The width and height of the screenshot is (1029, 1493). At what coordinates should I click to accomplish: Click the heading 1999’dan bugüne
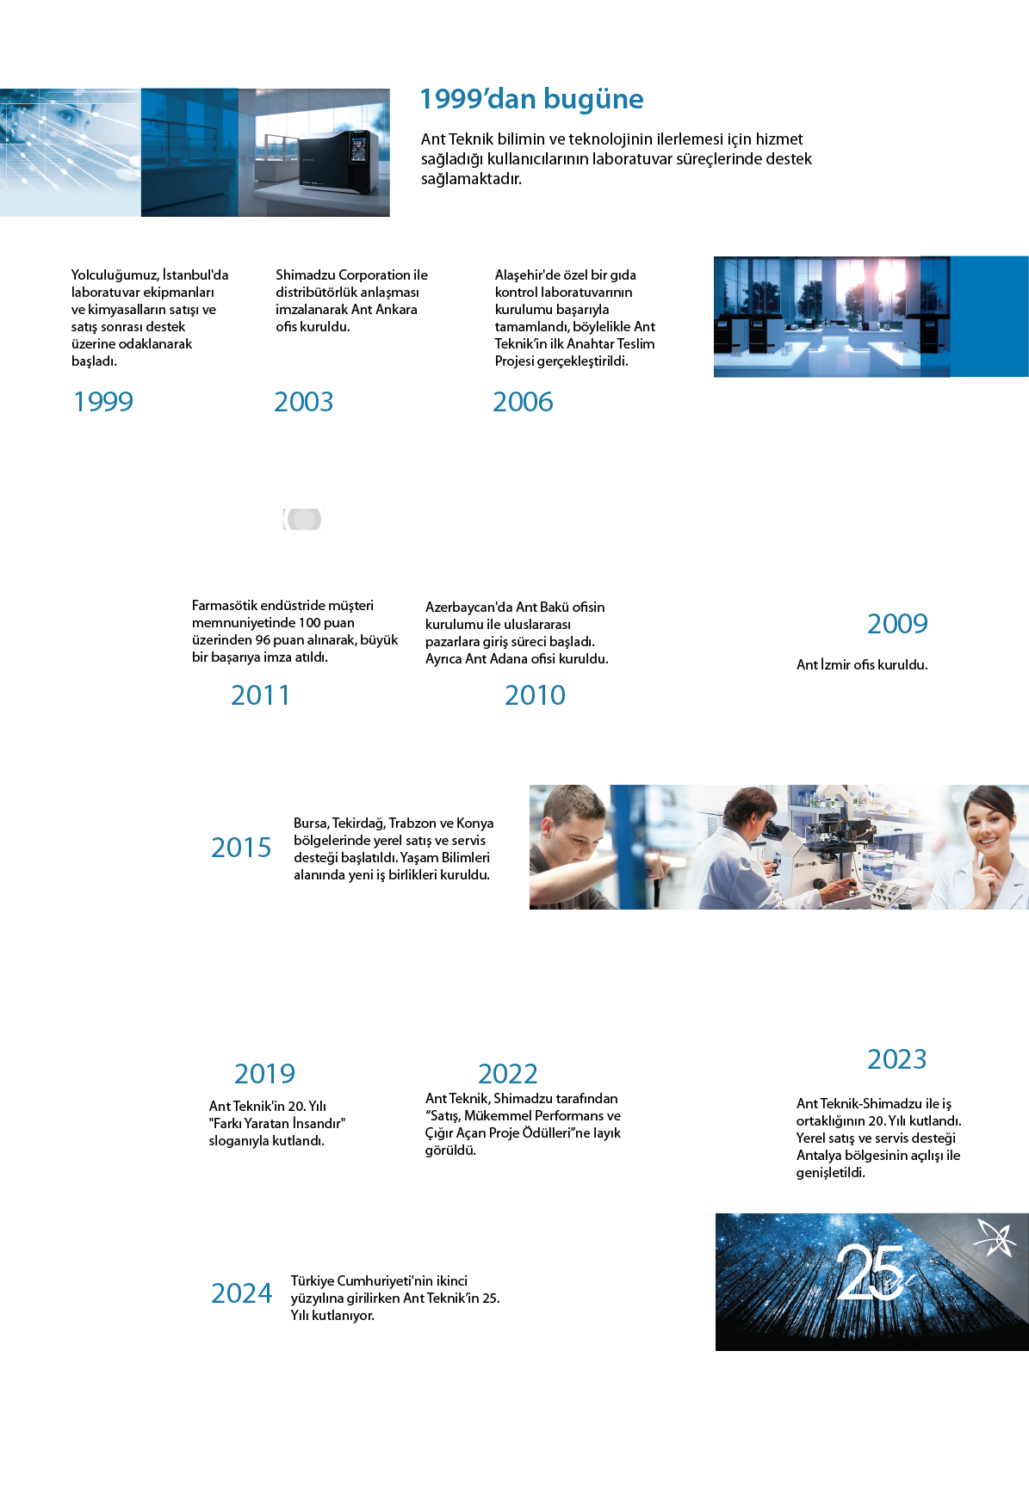(531, 100)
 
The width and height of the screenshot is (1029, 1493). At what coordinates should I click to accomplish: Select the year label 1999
(103, 402)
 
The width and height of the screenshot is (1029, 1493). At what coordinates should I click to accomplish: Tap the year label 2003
(303, 402)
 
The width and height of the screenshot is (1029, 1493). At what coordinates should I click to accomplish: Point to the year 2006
(523, 402)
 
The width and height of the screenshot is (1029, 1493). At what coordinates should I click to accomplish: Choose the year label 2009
(897, 624)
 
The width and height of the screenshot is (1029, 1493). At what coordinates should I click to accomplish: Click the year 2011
(260, 695)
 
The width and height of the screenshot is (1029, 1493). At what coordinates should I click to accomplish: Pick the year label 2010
(535, 695)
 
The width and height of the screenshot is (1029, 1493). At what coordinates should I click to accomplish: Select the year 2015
(241, 848)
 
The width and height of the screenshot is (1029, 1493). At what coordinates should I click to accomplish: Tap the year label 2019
(264, 1074)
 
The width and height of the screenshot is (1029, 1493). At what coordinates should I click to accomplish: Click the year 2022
(508, 1074)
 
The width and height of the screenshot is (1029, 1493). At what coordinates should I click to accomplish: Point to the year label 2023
(897, 1059)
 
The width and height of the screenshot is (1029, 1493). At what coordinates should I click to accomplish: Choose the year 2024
(242, 1293)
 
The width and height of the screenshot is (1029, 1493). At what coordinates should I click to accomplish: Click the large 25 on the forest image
(870, 1272)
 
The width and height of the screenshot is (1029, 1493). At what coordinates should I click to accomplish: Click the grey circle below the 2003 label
(303, 519)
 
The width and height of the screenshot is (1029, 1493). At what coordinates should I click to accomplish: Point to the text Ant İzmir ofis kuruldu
(862, 664)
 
